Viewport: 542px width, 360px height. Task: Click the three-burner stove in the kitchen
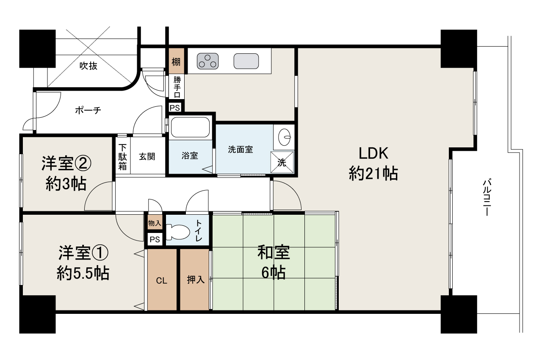pos(207,61)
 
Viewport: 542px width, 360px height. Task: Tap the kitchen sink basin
pos(246,61)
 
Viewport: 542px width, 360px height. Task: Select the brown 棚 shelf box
pos(177,61)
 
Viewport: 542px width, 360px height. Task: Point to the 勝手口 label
pos(177,87)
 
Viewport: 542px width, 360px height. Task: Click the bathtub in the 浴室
pos(190,127)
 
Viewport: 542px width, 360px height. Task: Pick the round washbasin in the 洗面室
pos(285,137)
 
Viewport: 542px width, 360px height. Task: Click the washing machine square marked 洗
pos(282,162)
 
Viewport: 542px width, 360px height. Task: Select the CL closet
pos(162,280)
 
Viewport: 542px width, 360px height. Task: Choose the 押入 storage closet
pos(194,280)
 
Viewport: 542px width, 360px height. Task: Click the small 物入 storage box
pos(155,223)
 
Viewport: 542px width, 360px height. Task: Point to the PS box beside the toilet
pos(155,240)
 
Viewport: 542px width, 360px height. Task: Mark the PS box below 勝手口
pos(175,108)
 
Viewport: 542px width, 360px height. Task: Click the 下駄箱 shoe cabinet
pos(122,157)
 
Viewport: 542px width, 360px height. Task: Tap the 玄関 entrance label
pos(147,157)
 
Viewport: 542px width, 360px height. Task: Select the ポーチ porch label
pos(88,110)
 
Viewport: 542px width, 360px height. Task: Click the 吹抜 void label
pos(88,66)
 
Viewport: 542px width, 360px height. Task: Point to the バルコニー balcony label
pos(487,197)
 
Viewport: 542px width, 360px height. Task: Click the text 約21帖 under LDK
pos(373,173)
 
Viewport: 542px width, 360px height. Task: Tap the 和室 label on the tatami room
pos(274,252)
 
